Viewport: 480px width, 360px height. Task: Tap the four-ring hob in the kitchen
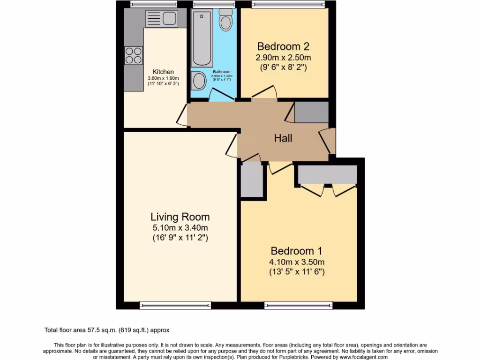click(133, 55)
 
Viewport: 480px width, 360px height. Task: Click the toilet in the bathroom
click(226, 20)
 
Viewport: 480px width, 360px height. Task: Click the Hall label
click(283, 138)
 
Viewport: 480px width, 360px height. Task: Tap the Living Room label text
click(180, 217)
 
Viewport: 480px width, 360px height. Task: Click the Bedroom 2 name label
click(283, 46)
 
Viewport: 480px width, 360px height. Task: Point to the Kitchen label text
click(163, 72)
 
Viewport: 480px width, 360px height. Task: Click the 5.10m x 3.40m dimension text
click(180, 228)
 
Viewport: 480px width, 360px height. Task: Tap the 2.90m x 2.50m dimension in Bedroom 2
click(283, 58)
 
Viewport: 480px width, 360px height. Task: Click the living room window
click(176, 305)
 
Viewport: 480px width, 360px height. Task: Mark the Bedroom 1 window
click(299, 305)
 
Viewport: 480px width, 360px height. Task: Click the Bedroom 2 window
click(288, 5)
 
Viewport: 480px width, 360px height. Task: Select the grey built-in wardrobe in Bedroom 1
click(328, 174)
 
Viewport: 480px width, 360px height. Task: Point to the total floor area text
click(110, 330)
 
